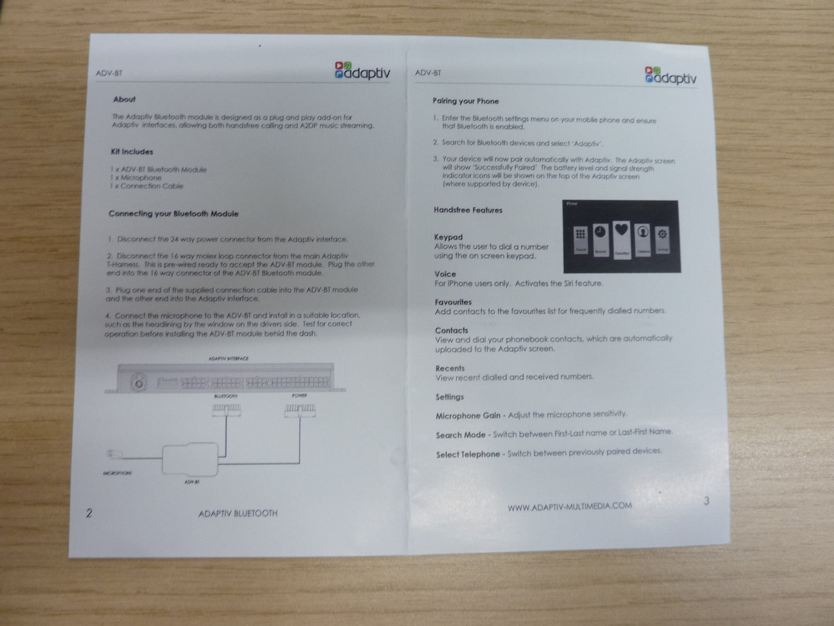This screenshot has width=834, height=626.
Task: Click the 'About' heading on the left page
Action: (x=124, y=99)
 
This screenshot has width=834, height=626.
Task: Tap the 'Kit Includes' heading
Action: (x=132, y=152)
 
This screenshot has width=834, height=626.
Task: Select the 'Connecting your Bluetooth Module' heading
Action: (x=173, y=214)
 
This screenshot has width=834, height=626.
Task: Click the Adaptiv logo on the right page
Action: (x=670, y=76)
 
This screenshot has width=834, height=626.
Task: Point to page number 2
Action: (x=89, y=513)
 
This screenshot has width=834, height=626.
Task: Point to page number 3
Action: (x=706, y=501)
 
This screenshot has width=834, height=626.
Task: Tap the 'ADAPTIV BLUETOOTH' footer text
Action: (x=238, y=513)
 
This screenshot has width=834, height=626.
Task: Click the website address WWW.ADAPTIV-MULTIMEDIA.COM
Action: (x=570, y=507)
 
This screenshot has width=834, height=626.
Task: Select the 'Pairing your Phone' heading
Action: (x=466, y=101)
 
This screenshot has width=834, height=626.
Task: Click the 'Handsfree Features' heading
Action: (x=468, y=210)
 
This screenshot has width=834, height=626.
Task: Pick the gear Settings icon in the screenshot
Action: (x=663, y=234)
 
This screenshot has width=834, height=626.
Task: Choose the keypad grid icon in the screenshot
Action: (x=581, y=234)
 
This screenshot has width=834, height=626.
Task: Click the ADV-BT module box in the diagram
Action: (x=190, y=459)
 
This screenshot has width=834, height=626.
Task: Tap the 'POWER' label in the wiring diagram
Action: (x=299, y=396)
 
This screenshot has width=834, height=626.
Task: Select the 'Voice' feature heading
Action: (x=445, y=274)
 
